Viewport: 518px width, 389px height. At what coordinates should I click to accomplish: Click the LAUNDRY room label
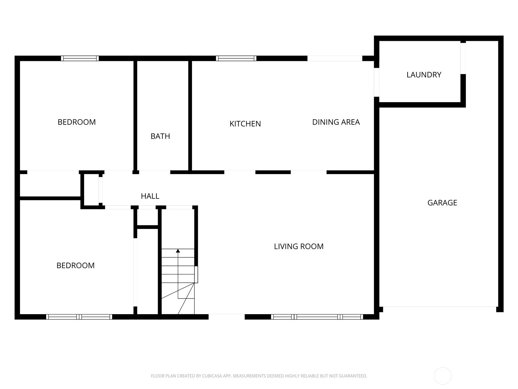pos(423,75)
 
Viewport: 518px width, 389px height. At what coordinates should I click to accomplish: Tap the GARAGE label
pos(442,203)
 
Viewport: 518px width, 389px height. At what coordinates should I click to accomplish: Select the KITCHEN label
pos(245,124)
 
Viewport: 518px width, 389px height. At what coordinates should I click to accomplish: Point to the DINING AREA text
pos(336,122)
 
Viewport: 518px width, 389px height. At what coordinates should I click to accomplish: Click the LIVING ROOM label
pos(298,246)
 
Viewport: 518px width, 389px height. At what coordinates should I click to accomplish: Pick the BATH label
pos(160,136)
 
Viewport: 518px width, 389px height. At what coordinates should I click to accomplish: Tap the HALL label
pos(150,196)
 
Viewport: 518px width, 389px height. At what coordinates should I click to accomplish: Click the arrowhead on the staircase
pos(178,251)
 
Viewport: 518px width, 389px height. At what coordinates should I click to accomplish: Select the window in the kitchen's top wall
pos(236,58)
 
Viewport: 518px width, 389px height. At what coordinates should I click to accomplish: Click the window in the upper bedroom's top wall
pos(80,58)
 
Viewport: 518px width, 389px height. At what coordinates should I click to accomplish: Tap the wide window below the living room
pos(317,317)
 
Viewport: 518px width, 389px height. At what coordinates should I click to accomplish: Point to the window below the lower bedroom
pos(79,317)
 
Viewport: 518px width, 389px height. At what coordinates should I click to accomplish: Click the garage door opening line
pos(440,307)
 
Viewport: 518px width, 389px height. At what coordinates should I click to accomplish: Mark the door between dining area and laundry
pos(377,82)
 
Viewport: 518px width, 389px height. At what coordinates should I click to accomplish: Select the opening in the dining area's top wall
pos(335,58)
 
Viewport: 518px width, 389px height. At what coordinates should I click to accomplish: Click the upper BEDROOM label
pos(77,122)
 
